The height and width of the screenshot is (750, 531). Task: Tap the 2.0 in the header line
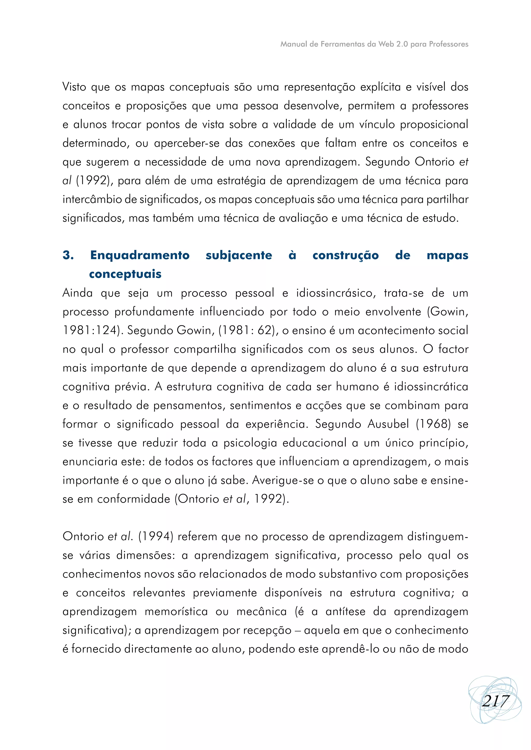(402, 44)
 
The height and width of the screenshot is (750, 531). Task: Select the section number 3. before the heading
(68, 255)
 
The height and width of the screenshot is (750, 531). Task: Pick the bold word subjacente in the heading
(239, 255)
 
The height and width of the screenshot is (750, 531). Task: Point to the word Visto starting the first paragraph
(74, 87)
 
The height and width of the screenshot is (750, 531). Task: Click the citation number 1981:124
(90, 330)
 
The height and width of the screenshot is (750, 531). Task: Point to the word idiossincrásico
(334, 293)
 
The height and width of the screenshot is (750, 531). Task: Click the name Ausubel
(388, 424)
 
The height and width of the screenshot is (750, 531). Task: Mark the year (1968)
(433, 424)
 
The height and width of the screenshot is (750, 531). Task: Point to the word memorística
(176, 612)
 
